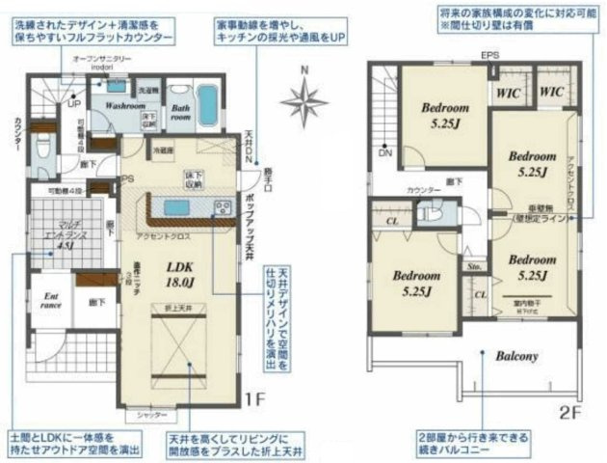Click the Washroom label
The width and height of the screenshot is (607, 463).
coord(126,106)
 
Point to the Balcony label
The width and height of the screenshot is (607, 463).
coord(515,356)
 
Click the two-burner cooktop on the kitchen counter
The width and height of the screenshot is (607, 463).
coord(221,206)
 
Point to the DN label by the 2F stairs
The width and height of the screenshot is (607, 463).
coord(385,152)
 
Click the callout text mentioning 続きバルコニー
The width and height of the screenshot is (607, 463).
coord(469,440)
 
